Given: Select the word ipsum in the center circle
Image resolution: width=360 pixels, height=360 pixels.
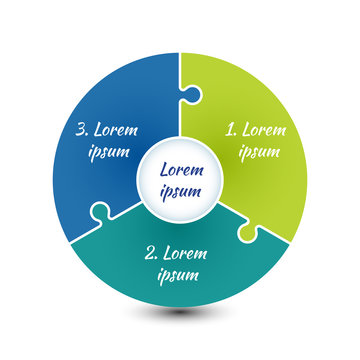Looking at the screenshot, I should tap(180, 191).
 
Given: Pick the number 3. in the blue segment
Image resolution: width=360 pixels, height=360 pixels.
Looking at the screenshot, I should tap(85, 130).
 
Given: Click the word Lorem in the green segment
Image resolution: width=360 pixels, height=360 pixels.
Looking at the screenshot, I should tap(264, 129).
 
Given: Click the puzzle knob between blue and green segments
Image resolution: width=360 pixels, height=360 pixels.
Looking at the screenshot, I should tap(192, 96).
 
